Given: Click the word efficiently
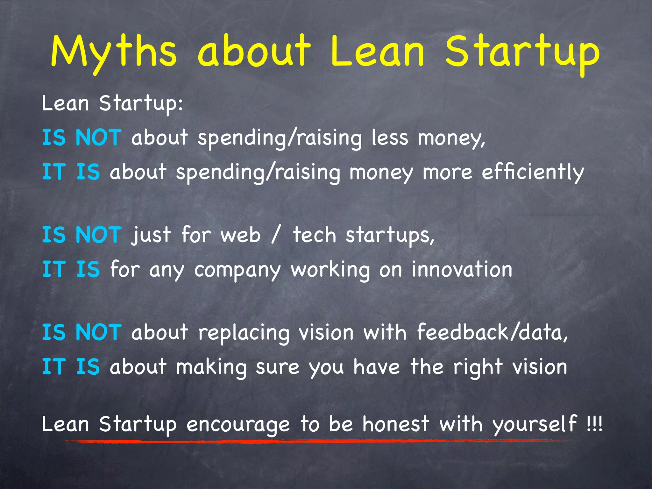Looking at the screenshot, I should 533,173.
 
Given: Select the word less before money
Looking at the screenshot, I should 390,138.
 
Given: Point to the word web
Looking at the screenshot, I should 240,236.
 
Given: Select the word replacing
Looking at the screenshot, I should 244,333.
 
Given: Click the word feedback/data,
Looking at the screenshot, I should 492,332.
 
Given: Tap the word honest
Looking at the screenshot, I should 396,424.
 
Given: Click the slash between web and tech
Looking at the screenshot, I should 276,235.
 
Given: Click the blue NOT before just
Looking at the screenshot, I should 98,235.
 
